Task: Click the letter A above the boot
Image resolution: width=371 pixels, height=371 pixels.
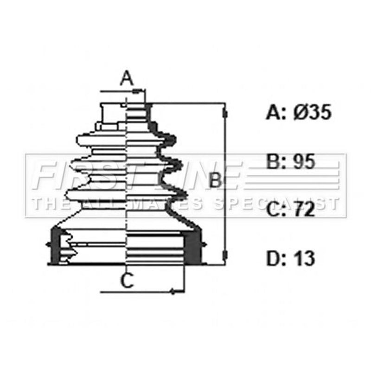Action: (x=127, y=78)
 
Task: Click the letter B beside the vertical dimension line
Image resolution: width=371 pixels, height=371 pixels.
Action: (x=215, y=181)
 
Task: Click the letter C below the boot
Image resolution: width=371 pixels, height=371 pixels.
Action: (x=127, y=281)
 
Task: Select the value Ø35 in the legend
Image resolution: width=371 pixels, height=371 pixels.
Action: (x=312, y=112)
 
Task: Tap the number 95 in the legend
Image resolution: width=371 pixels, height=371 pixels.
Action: (x=304, y=161)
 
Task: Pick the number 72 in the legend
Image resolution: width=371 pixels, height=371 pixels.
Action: (x=304, y=210)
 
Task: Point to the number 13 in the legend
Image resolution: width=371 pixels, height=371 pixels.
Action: (x=304, y=258)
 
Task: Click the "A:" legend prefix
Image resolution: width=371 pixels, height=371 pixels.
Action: (x=276, y=112)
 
